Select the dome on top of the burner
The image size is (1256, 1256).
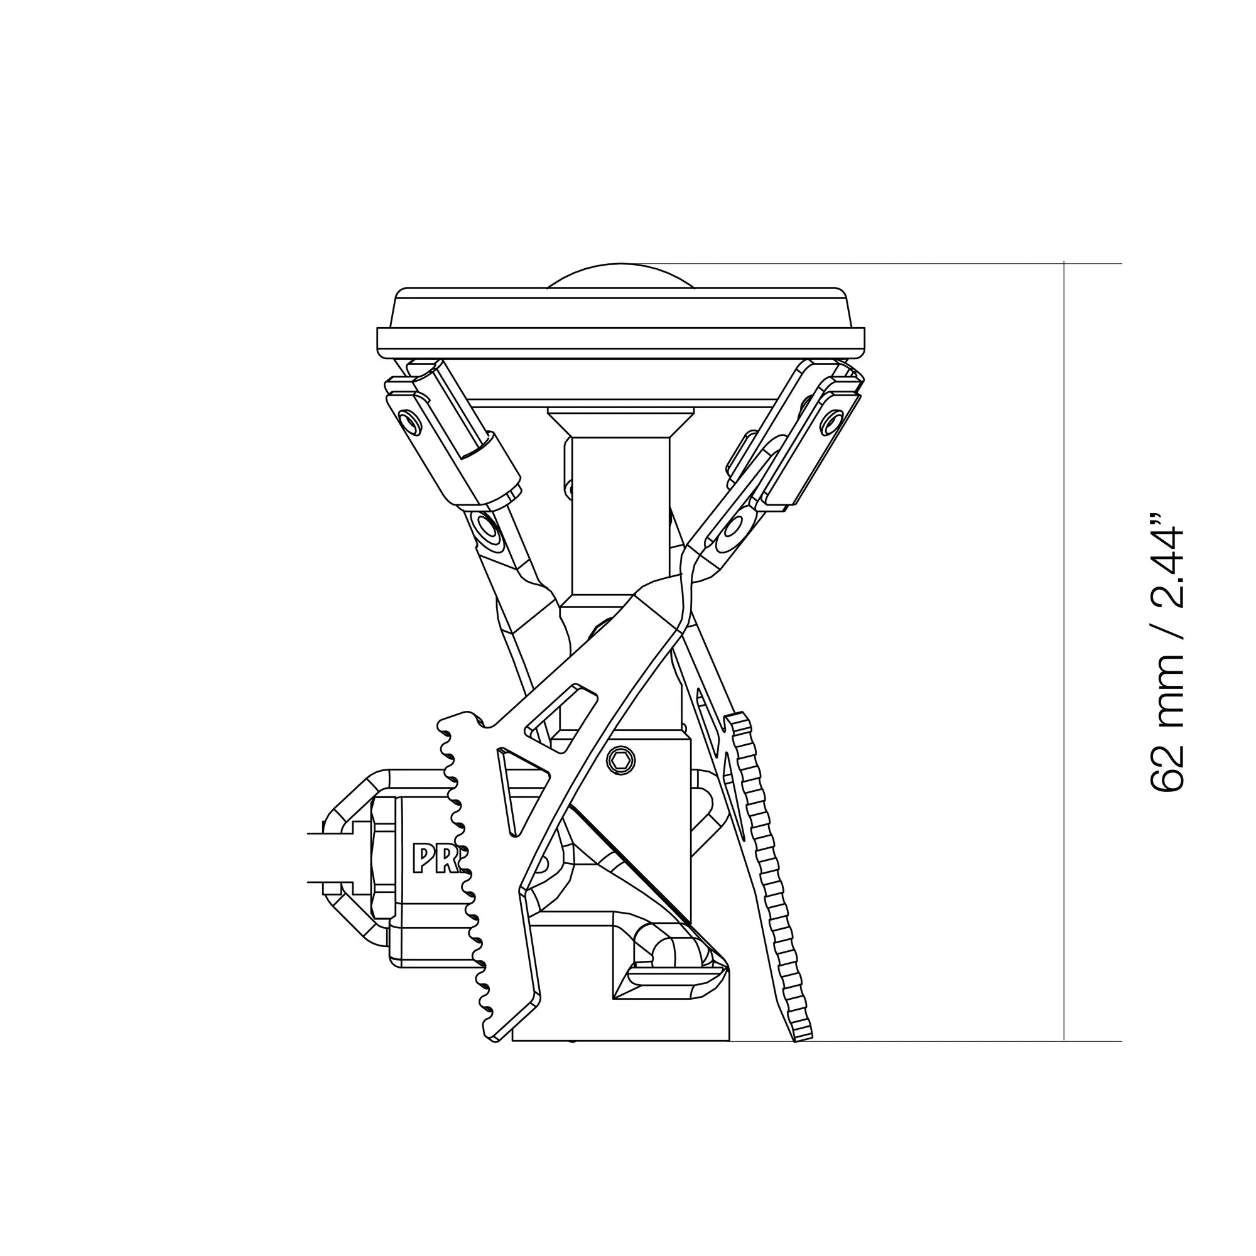click(621, 276)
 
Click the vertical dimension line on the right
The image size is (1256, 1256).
click(1064, 650)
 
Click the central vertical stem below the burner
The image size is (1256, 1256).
click(621, 514)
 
